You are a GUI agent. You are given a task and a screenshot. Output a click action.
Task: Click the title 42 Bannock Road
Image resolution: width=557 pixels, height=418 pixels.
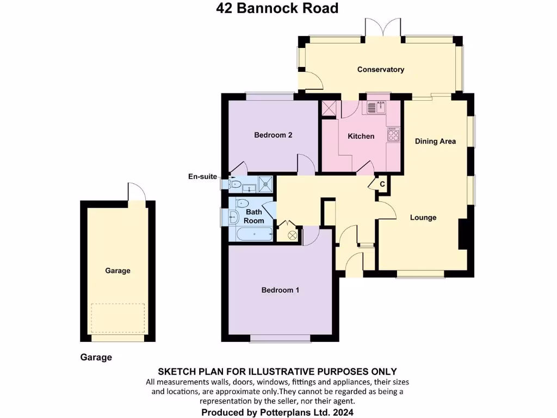[277, 8]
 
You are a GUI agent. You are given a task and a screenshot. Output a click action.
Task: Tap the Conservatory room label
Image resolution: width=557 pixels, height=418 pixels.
[380, 70]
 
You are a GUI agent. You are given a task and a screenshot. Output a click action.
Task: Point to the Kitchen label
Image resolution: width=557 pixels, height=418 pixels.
[361, 136]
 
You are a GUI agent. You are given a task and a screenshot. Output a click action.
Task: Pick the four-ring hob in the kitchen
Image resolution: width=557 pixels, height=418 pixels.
[393, 134]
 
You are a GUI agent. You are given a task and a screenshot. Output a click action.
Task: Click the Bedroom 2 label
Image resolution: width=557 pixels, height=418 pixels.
[273, 135]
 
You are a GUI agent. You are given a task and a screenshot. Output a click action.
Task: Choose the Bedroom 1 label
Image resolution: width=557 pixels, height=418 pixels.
[280, 290]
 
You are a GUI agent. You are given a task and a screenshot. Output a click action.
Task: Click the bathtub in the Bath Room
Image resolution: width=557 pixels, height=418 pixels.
[255, 235]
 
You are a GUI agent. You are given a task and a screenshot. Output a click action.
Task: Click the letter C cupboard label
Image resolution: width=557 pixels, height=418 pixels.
[382, 185]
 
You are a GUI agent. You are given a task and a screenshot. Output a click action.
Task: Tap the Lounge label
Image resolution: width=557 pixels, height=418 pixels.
[423, 218]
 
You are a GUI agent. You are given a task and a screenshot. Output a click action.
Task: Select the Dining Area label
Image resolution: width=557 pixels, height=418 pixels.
[435, 142]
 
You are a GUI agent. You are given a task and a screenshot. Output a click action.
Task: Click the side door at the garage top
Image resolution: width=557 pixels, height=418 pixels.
[137, 192]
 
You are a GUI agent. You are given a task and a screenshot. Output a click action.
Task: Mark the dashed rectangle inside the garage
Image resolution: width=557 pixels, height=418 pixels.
[118, 318]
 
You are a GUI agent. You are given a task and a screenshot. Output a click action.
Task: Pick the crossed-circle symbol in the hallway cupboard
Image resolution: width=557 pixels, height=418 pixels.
[292, 235]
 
